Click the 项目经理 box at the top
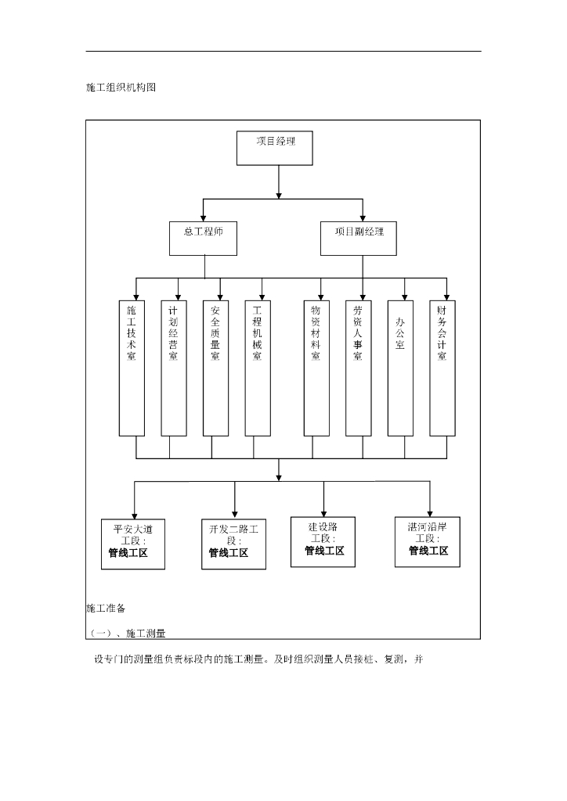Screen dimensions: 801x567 point(274,148)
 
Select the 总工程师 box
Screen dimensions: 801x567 point(203,238)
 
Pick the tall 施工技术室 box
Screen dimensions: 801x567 point(132,368)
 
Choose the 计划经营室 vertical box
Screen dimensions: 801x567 point(173,368)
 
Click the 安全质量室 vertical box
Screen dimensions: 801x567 point(215,368)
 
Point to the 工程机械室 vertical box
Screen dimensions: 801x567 point(257,368)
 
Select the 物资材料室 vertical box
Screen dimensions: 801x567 point(316,368)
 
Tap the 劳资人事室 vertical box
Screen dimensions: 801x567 point(358,368)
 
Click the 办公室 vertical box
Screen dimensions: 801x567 point(400,368)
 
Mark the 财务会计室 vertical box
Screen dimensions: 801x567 point(442,368)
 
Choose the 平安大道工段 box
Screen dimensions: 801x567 point(133,544)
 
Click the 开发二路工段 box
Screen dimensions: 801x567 point(233,544)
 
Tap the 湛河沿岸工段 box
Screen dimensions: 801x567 point(428,541)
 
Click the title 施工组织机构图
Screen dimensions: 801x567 point(121,88)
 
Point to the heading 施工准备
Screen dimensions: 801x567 point(106,608)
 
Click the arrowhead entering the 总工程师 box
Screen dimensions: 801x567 point(203,218)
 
